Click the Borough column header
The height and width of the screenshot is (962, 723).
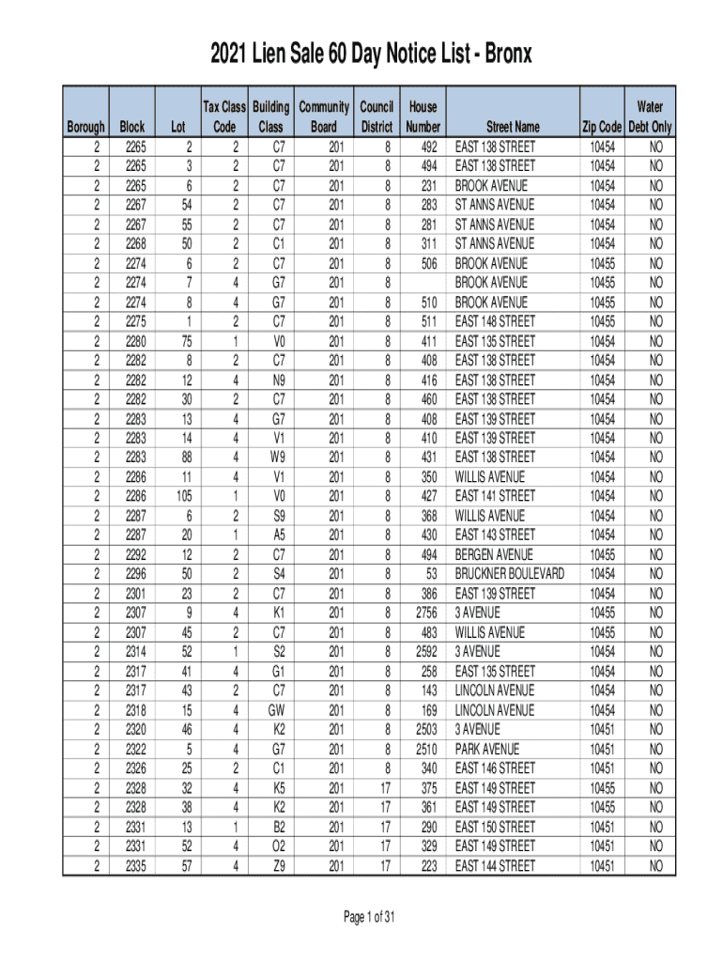(x=85, y=127)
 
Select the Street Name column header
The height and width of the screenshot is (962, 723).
(x=513, y=127)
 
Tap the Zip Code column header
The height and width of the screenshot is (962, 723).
(x=602, y=127)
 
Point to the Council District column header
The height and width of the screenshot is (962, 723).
(x=376, y=117)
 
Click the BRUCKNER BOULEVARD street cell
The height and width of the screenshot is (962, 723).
(x=510, y=573)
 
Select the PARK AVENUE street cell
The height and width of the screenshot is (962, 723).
(x=488, y=748)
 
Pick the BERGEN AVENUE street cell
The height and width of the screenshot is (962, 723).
(x=494, y=554)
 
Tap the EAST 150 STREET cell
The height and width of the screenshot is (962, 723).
(x=495, y=826)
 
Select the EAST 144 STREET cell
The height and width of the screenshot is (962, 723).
(x=495, y=864)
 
